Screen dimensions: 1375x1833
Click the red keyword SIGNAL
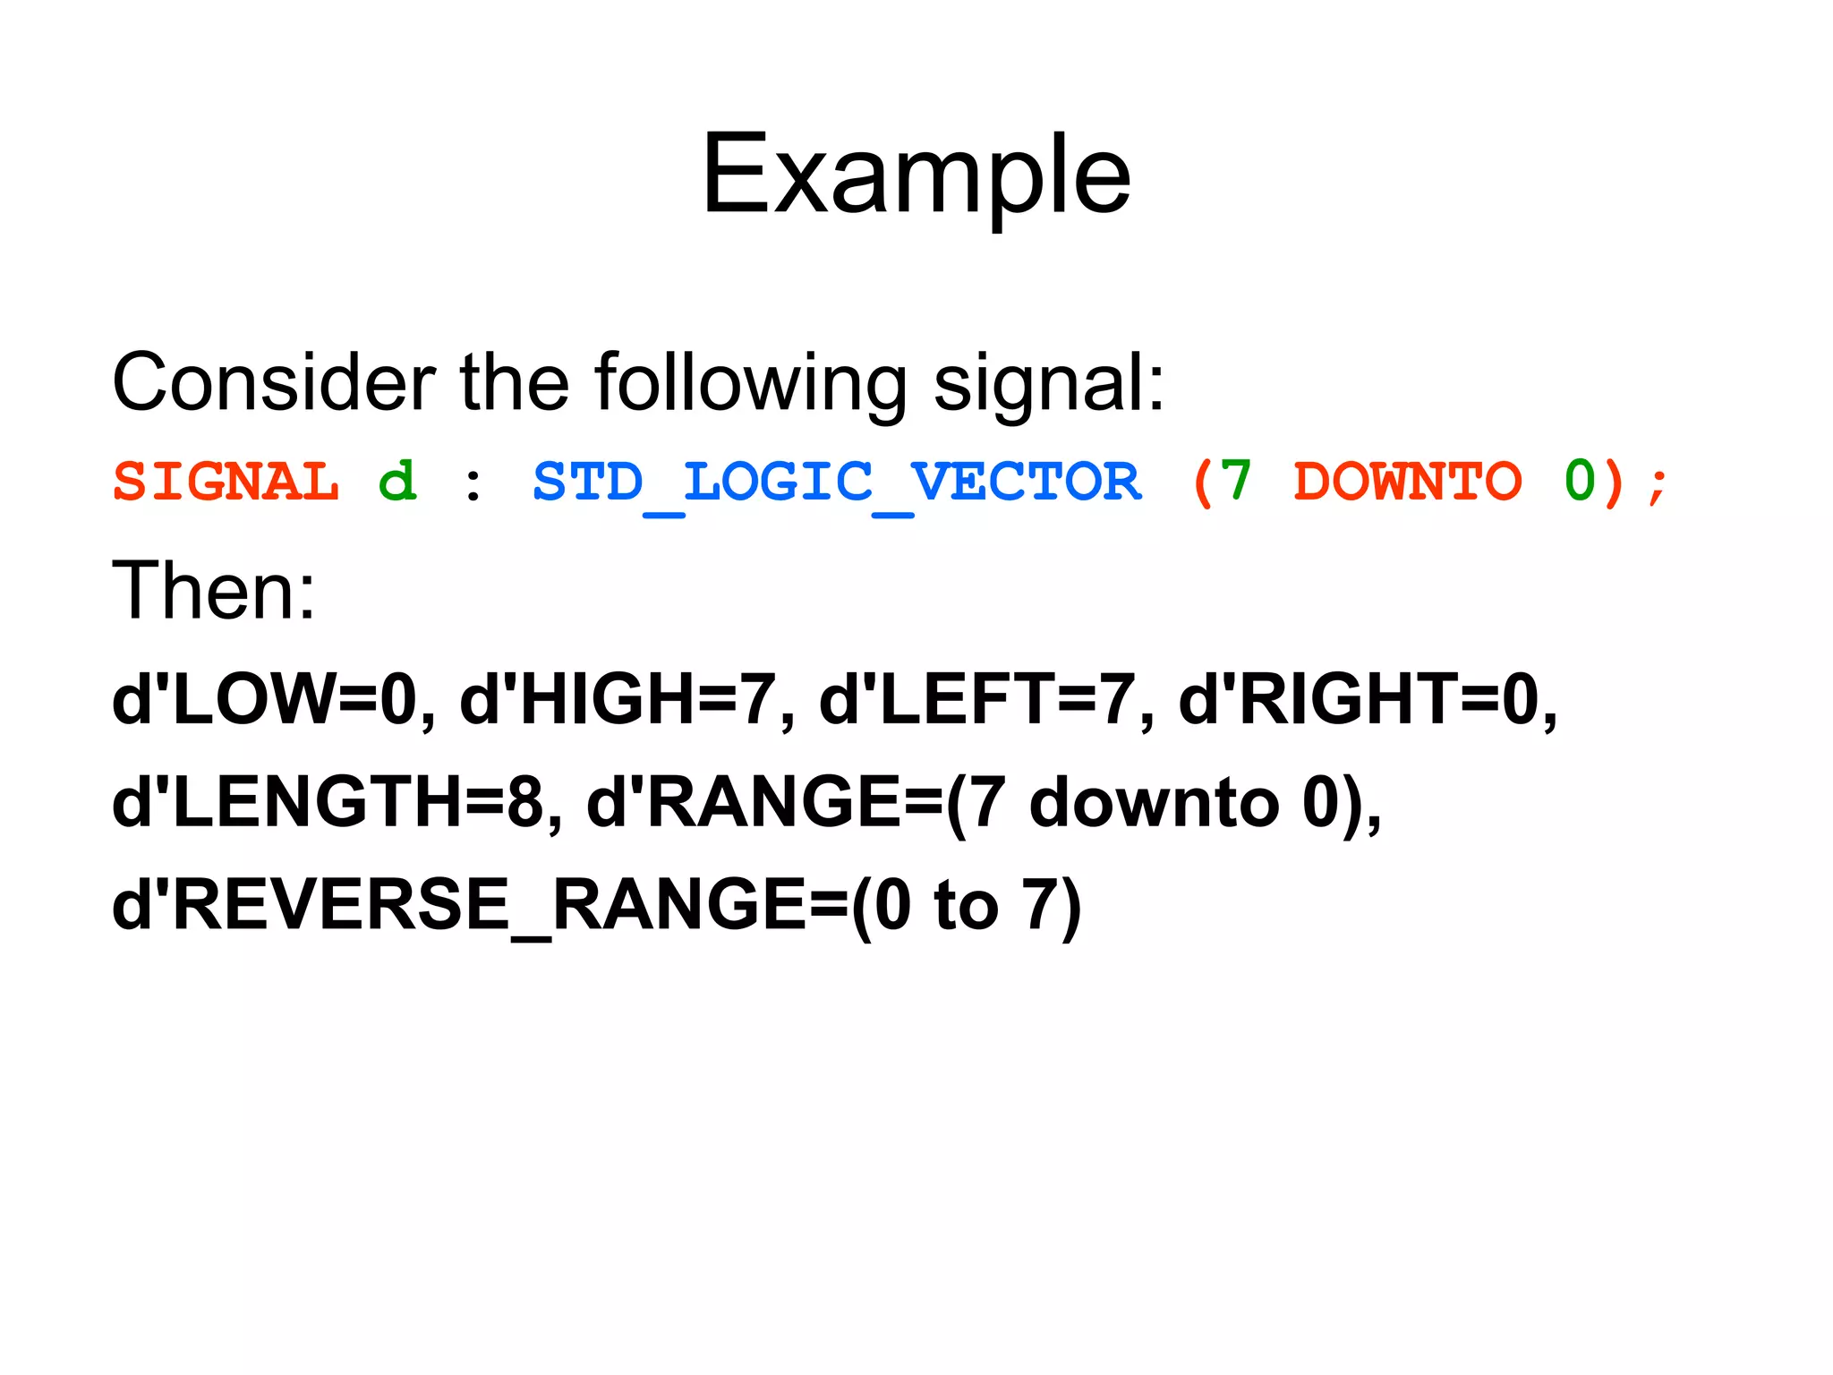pyautogui.click(x=226, y=482)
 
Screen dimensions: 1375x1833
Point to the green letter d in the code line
pyautogui.click(x=397, y=482)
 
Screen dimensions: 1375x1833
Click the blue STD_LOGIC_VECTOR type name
pyautogui.click(x=837, y=483)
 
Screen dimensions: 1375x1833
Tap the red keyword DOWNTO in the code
pyautogui.click(x=1407, y=482)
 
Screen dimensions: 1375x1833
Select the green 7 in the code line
pyautogui.click(x=1235, y=482)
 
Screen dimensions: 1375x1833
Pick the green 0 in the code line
pyautogui.click(x=1579, y=482)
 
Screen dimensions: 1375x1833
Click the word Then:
pyautogui.click(x=213, y=591)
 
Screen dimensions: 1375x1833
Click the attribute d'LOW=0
pyautogui.click(x=265, y=700)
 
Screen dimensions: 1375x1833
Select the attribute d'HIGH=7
pyautogui.click(x=617, y=700)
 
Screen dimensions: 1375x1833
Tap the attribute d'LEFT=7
pyautogui.click(x=977, y=700)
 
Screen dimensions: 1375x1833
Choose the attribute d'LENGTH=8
pyautogui.click(x=328, y=802)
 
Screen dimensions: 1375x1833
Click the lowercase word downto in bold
pyautogui.click(x=1155, y=802)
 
